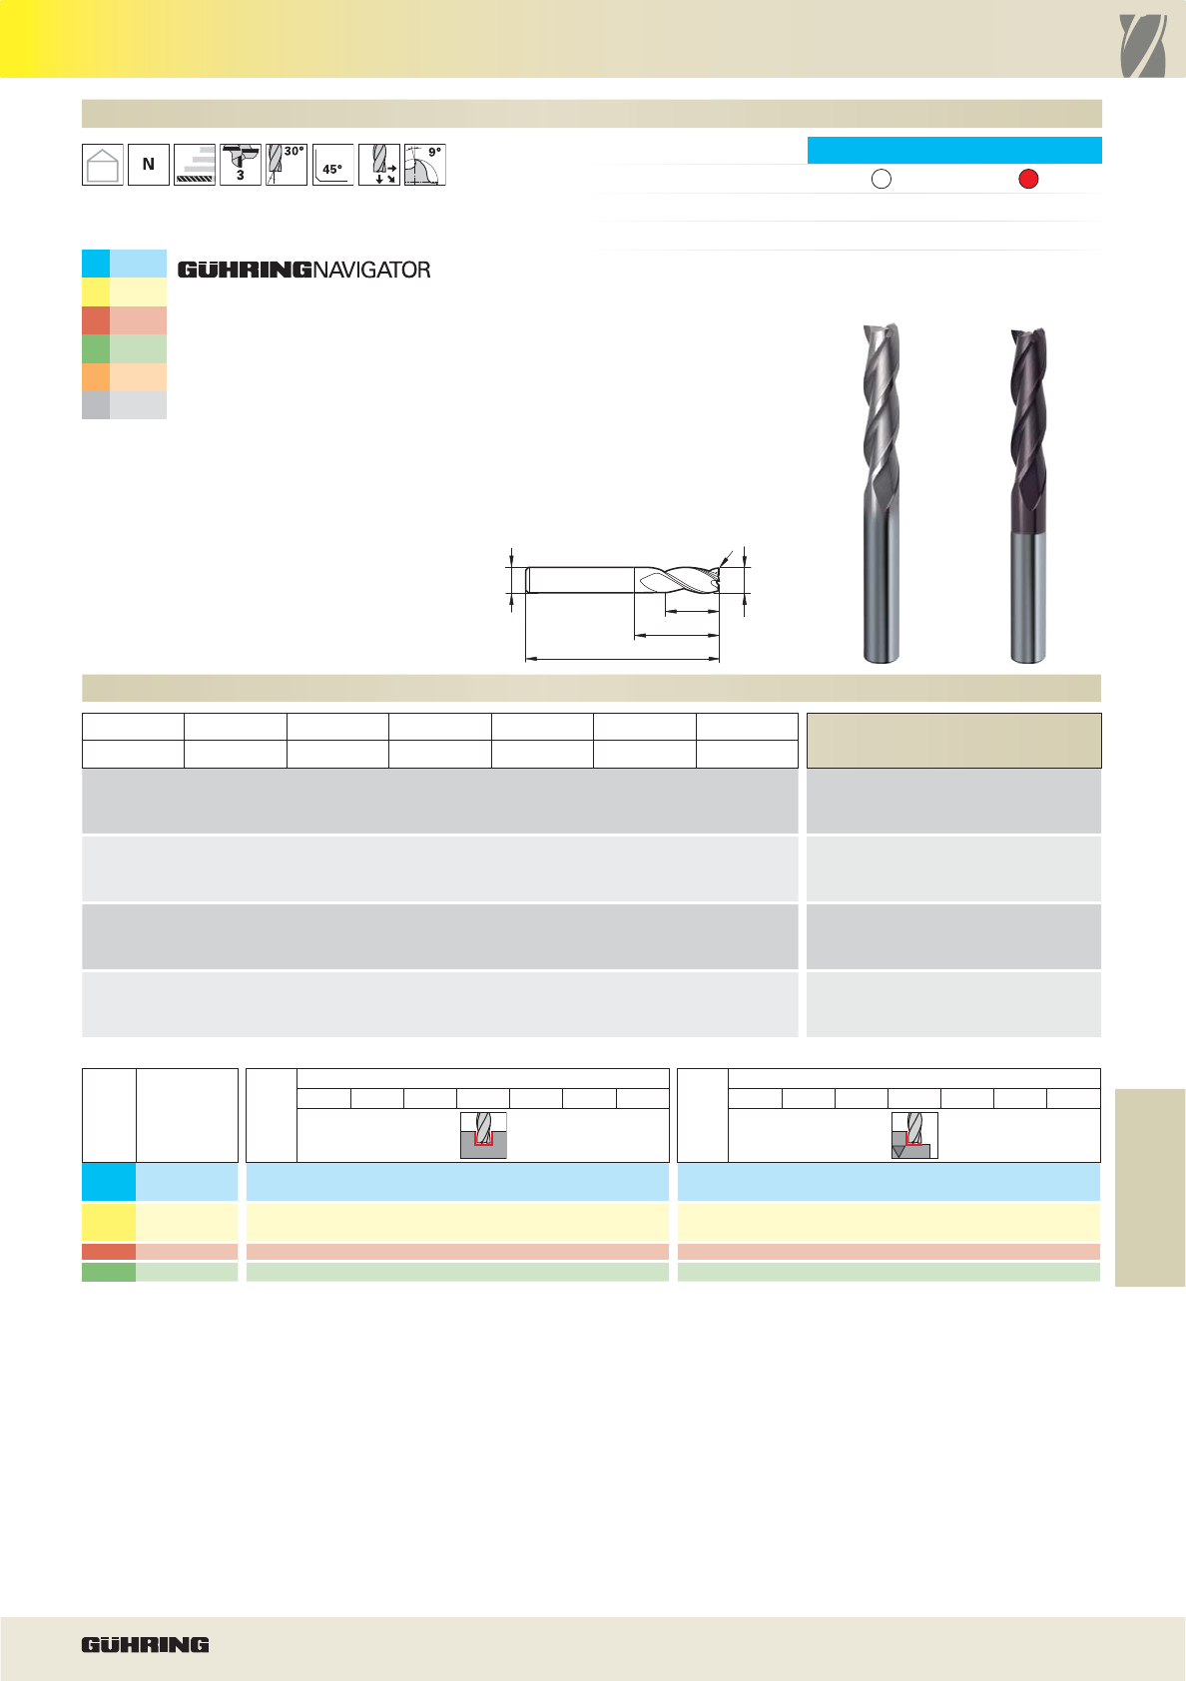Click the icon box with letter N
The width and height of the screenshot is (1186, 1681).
(x=149, y=165)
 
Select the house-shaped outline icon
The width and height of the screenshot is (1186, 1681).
(x=103, y=165)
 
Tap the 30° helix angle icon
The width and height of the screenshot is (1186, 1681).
(x=286, y=165)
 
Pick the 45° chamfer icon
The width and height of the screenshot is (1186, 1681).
(x=332, y=165)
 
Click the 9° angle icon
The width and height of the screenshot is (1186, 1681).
(x=425, y=165)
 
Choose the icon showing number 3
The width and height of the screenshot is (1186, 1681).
(x=241, y=165)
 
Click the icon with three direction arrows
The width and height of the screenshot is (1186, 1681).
(x=379, y=165)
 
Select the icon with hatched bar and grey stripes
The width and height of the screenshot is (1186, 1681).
(x=195, y=165)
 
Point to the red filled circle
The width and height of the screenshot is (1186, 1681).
(x=1028, y=179)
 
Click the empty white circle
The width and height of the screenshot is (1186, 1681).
(x=882, y=179)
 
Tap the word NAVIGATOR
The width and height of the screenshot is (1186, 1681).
(x=371, y=271)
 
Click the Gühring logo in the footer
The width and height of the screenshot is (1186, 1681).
(x=146, y=1644)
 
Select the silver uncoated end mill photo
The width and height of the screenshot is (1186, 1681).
(x=881, y=493)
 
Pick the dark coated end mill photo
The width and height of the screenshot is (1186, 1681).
(x=1027, y=495)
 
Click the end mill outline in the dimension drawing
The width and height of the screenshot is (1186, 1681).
(x=622, y=580)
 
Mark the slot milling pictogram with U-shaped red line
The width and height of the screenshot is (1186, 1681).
(x=483, y=1135)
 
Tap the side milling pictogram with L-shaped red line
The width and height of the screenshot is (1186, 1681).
(x=914, y=1135)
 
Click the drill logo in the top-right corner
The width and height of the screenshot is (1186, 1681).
(x=1142, y=46)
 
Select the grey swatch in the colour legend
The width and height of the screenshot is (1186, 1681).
(x=124, y=405)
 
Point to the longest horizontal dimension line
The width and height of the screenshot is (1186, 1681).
(x=622, y=659)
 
